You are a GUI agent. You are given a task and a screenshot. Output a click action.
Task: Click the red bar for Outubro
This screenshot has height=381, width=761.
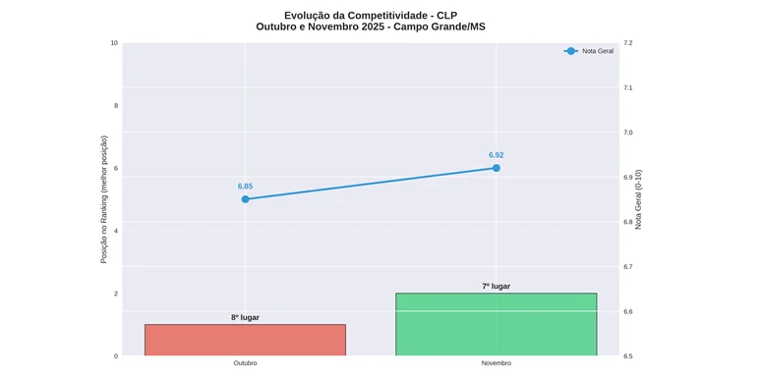tap(245, 340)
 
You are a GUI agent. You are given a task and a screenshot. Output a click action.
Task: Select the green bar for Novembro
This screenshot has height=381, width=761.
tap(496, 324)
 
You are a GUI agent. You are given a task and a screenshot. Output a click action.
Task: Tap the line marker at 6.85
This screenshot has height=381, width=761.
tap(245, 199)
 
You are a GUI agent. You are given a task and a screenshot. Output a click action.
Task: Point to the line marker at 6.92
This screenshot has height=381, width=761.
tap(496, 168)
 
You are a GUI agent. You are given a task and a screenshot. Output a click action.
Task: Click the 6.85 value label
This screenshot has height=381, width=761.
tap(245, 187)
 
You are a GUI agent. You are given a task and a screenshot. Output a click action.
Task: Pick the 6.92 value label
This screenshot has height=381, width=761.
tap(496, 155)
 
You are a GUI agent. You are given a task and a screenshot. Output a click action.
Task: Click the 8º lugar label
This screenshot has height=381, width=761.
tap(245, 317)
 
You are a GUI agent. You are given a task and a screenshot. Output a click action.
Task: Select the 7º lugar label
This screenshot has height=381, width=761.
tap(496, 287)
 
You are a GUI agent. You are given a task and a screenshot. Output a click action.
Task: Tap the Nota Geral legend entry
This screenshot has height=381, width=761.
tap(589, 51)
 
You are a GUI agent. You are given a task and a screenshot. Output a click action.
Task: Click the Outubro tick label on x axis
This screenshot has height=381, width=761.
tap(245, 363)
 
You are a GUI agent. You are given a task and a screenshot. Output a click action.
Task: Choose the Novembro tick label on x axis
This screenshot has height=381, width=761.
tap(496, 363)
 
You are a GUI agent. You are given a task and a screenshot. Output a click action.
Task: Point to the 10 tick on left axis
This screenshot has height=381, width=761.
tap(114, 43)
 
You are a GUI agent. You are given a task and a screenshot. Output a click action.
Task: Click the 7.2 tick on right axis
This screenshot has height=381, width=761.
tap(627, 43)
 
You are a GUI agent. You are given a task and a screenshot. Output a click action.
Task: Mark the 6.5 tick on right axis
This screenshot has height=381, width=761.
tap(627, 356)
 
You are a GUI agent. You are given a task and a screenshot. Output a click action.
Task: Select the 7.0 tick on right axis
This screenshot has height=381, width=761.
tap(627, 133)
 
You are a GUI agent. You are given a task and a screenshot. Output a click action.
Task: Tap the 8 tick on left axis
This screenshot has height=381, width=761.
tap(116, 106)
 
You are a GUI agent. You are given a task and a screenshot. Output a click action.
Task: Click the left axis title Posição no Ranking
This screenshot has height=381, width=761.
tap(104, 199)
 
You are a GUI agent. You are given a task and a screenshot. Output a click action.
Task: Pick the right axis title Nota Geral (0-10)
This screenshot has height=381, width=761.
tap(638, 199)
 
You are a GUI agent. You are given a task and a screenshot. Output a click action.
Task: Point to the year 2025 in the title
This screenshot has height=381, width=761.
tap(373, 27)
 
